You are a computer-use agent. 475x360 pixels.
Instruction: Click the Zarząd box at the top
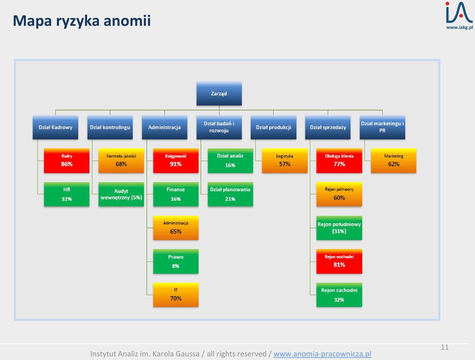click(x=219, y=93)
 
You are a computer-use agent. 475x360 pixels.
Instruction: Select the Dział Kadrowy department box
click(x=55, y=128)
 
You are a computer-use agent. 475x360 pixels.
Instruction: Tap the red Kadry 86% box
click(x=67, y=161)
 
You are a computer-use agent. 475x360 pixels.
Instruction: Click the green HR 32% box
click(x=67, y=194)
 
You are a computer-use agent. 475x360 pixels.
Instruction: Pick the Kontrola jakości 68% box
click(x=121, y=161)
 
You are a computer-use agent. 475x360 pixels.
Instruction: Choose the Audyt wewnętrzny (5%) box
click(x=121, y=194)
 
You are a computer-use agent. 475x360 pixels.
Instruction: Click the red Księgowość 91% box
click(x=176, y=161)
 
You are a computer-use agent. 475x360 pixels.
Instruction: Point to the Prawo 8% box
click(x=176, y=262)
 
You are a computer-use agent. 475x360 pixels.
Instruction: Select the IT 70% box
click(x=176, y=295)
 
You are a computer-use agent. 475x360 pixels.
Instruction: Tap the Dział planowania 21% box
click(x=230, y=194)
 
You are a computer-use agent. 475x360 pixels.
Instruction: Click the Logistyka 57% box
click(x=285, y=161)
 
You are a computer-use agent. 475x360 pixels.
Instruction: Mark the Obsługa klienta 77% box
click(x=339, y=161)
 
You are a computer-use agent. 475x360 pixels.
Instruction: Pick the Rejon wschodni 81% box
click(x=339, y=262)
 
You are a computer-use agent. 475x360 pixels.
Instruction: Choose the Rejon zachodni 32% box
click(x=339, y=295)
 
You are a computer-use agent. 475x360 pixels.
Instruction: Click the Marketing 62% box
click(x=394, y=161)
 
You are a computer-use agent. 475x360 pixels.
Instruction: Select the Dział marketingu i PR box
click(x=382, y=128)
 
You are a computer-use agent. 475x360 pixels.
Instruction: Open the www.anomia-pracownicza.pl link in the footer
click(x=322, y=354)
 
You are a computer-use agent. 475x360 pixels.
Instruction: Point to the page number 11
click(x=444, y=347)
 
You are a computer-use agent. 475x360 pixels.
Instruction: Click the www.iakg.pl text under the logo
click(x=459, y=27)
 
